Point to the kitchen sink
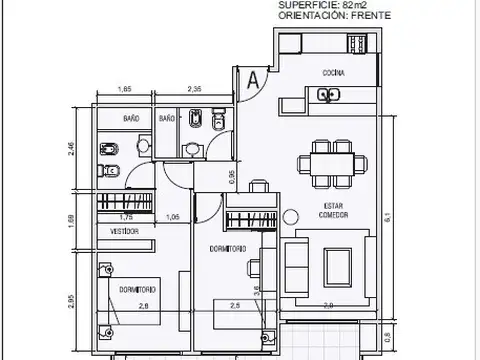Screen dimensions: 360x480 (x=326, y=96)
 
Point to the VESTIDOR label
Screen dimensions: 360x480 (x=124, y=231)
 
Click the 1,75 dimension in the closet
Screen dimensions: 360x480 (x=126, y=216)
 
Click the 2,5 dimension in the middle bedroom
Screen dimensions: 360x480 (x=235, y=305)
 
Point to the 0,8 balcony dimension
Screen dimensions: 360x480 (x=387, y=335)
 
